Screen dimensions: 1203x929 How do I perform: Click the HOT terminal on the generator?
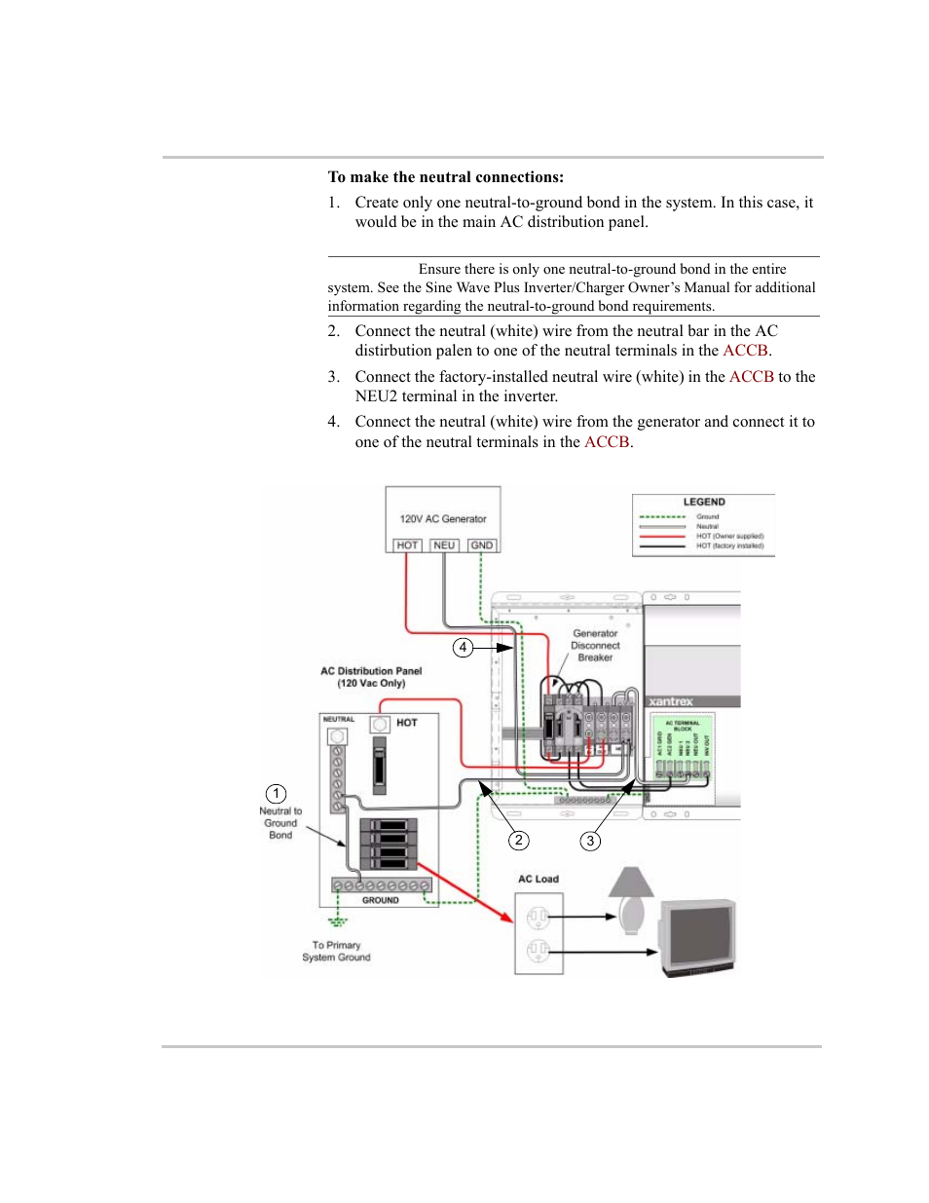tap(407, 545)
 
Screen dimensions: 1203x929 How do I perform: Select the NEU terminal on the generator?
tap(444, 545)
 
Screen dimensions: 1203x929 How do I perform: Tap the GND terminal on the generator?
tap(482, 545)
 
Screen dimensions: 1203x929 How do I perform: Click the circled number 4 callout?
tap(464, 648)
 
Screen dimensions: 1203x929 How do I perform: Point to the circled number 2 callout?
tap(519, 841)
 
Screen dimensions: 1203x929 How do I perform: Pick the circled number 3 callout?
tap(590, 841)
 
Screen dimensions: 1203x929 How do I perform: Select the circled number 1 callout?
tap(277, 794)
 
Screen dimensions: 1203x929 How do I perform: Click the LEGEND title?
tap(704, 502)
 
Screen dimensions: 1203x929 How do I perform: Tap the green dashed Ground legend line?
tap(662, 517)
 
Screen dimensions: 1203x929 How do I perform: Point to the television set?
tap(698, 936)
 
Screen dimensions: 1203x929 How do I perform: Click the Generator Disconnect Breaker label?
tap(595, 646)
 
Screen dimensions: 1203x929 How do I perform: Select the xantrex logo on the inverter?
tap(671, 701)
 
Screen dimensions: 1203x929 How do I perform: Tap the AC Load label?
tap(539, 879)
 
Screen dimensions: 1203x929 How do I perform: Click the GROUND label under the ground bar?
tap(380, 900)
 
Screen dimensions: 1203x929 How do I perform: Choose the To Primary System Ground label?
tap(336, 952)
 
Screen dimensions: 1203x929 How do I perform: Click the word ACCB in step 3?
tap(751, 377)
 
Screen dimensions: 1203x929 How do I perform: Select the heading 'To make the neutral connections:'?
tap(446, 177)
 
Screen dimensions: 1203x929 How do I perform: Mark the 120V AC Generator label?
tap(443, 519)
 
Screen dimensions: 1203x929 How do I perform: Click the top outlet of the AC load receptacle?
tap(539, 917)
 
